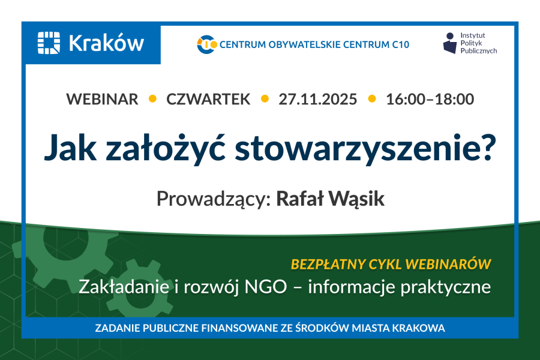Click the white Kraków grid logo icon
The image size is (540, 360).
49,43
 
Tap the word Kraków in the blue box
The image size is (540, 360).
106,43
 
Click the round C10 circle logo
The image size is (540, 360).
206,44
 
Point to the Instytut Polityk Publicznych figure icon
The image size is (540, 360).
450,43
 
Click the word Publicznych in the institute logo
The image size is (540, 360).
479,51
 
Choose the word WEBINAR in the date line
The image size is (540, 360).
102,99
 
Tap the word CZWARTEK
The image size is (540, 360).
208,99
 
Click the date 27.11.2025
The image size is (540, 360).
318,99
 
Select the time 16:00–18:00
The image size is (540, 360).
430,99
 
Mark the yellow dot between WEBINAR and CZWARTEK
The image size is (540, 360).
152,99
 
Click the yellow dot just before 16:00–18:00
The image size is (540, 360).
372,99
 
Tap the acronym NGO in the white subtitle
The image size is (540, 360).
266,287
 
